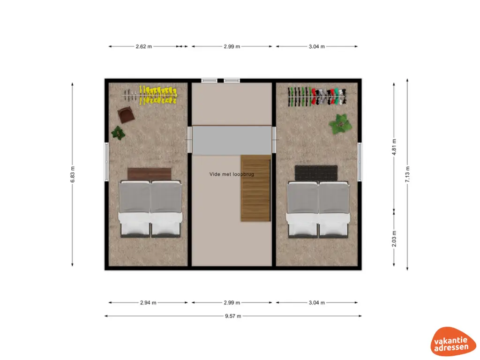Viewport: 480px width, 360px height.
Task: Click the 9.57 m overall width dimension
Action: point(232,316)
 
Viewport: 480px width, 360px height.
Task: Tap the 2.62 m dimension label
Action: point(144,46)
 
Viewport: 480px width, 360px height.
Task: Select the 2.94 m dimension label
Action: point(148,302)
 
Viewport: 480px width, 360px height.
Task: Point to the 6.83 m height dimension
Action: point(73,175)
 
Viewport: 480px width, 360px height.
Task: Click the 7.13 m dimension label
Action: point(407,175)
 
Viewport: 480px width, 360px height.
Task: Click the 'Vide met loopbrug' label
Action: point(232,174)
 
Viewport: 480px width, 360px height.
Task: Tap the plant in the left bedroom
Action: point(118,133)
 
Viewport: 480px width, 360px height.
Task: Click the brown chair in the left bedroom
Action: point(125,114)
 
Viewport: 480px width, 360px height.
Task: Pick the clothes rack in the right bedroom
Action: point(317,97)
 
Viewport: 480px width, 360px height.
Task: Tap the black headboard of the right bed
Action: point(316,172)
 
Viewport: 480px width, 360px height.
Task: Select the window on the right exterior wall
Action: point(360,162)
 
